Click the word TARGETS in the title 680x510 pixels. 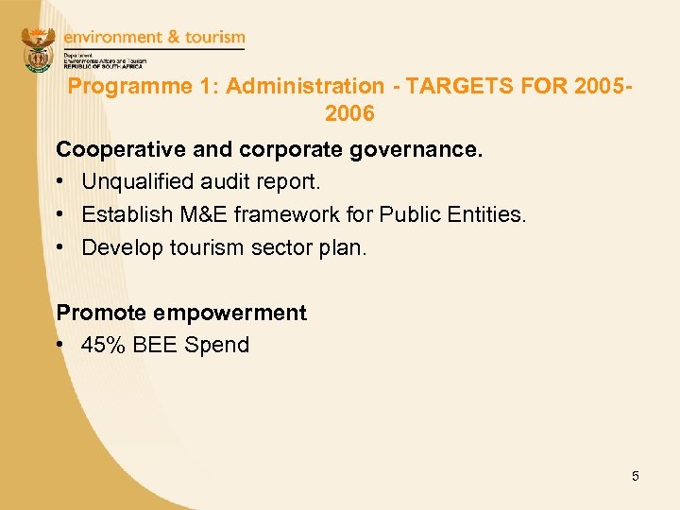[444, 87]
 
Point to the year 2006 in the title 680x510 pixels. [348, 114]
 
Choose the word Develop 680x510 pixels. [119, 247]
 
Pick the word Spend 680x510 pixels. [217, 345]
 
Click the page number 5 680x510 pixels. [636, 476]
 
